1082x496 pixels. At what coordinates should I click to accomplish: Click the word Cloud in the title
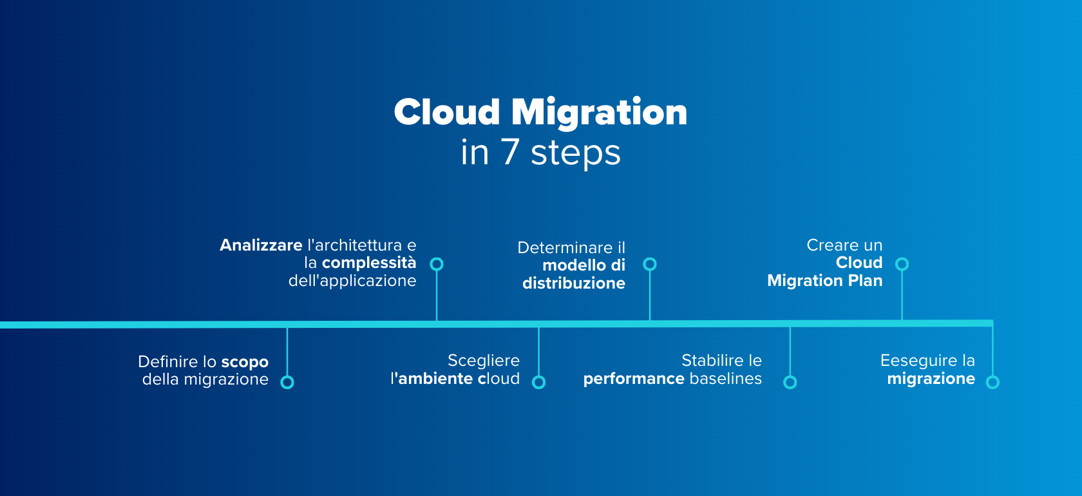447,112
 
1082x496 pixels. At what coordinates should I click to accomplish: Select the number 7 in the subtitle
509,152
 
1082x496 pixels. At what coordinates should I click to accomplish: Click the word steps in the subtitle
576,153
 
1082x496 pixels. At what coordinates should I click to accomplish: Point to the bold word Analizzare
261,245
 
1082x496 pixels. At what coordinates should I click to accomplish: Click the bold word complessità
369,263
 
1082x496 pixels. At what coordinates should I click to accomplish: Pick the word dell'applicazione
352,281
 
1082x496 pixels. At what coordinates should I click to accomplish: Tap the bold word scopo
245,362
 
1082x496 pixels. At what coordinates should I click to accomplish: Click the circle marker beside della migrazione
287,382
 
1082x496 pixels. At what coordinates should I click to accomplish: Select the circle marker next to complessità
437,263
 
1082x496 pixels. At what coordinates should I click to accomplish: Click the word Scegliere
484,361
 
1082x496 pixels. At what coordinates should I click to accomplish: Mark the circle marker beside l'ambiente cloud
538,382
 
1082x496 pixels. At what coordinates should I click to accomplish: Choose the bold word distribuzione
574,283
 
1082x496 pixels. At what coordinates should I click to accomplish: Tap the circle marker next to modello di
650,263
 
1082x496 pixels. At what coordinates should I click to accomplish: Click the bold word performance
634,379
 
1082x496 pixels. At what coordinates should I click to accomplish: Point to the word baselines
725,378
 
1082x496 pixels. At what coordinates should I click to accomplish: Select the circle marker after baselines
790,382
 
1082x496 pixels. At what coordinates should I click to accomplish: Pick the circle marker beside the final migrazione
992,382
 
